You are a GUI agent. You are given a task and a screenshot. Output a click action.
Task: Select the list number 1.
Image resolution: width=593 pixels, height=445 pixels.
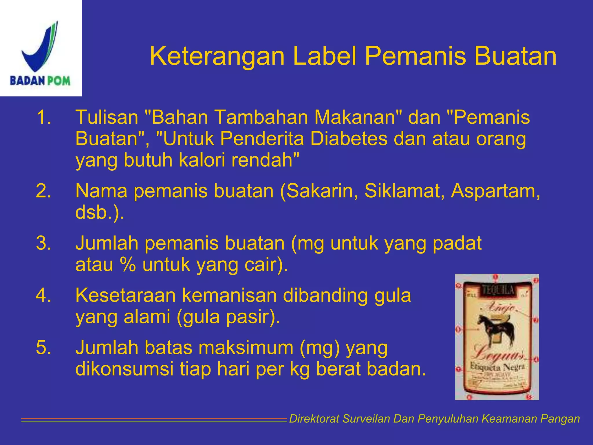click(43, 117)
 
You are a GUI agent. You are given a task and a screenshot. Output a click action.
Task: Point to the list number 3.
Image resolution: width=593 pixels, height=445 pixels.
click(43, 243)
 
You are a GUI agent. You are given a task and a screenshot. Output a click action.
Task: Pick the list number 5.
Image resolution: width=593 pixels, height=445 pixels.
click(43, 347)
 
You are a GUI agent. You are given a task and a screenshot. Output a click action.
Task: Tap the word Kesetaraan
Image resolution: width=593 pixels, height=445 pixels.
click(125, 296)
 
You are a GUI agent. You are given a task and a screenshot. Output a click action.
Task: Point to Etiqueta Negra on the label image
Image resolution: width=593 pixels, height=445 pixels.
click(497, 367)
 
